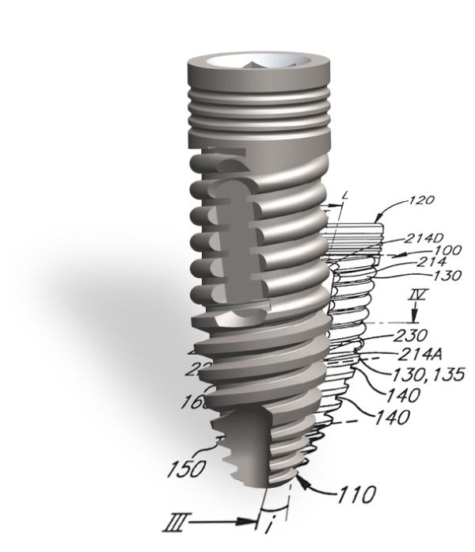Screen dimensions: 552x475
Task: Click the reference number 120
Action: [x=422, y=200]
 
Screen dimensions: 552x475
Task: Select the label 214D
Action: [x=425, y=238]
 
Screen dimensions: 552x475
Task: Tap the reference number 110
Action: [x=357, y=496]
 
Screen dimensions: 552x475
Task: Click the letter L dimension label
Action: [x=346, y=194]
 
